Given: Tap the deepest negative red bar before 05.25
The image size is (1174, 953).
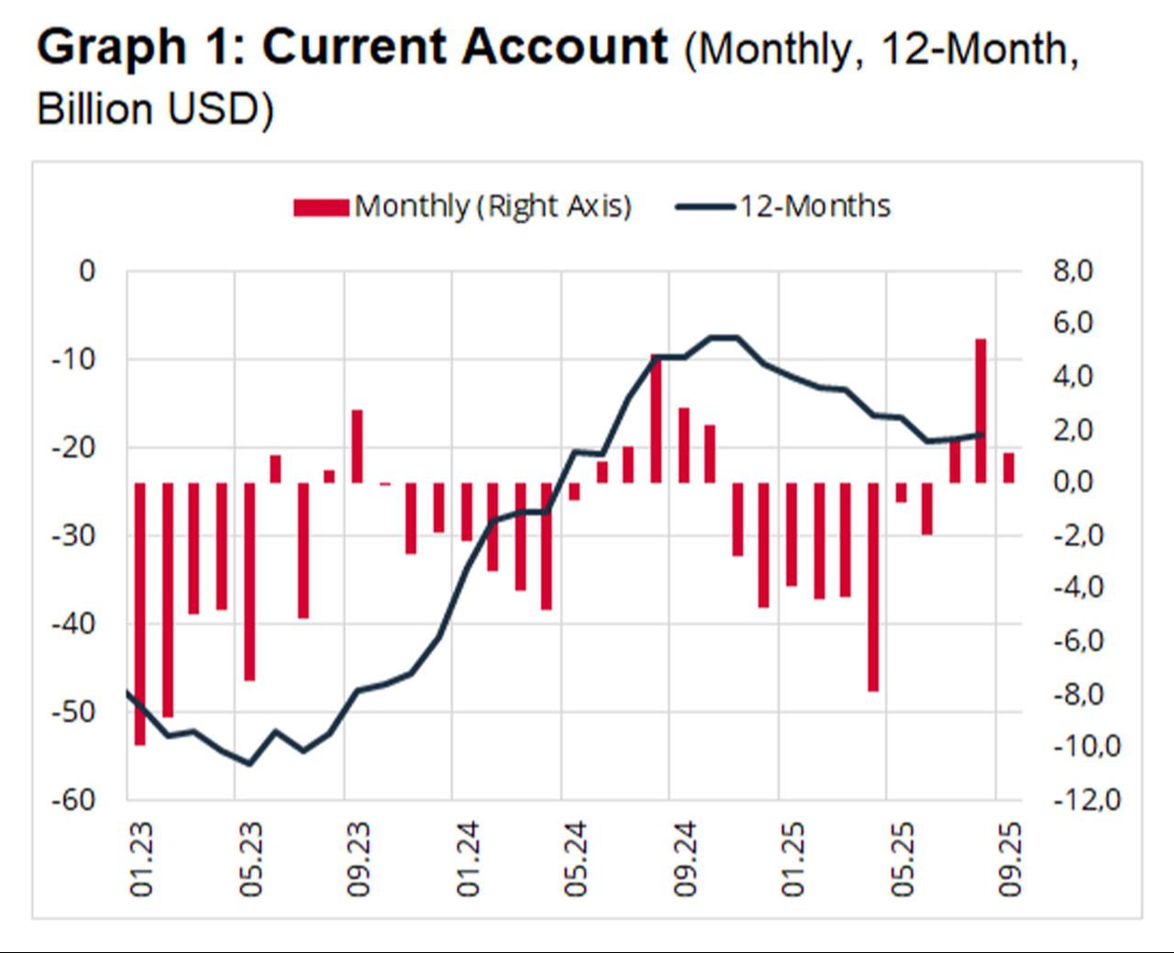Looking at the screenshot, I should tap(872, 586).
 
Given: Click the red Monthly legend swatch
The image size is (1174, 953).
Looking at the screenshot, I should tap(320, 207).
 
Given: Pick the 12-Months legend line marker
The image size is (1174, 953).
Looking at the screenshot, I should tap(705, 207).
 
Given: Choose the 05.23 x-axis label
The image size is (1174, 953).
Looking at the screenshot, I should tap(249, 859).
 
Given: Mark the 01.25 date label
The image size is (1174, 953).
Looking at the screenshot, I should tap(792, 859).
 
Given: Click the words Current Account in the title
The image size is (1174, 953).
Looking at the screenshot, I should tap(465, 48).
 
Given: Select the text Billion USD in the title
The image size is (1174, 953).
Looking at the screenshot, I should tap(149, 109).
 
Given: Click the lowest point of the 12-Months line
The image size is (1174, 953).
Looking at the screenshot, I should tap(249, 763).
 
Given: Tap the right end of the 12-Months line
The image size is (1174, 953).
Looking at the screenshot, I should tap(981, 435).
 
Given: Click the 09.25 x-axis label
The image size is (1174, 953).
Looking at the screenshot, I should tap(1011, 859).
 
